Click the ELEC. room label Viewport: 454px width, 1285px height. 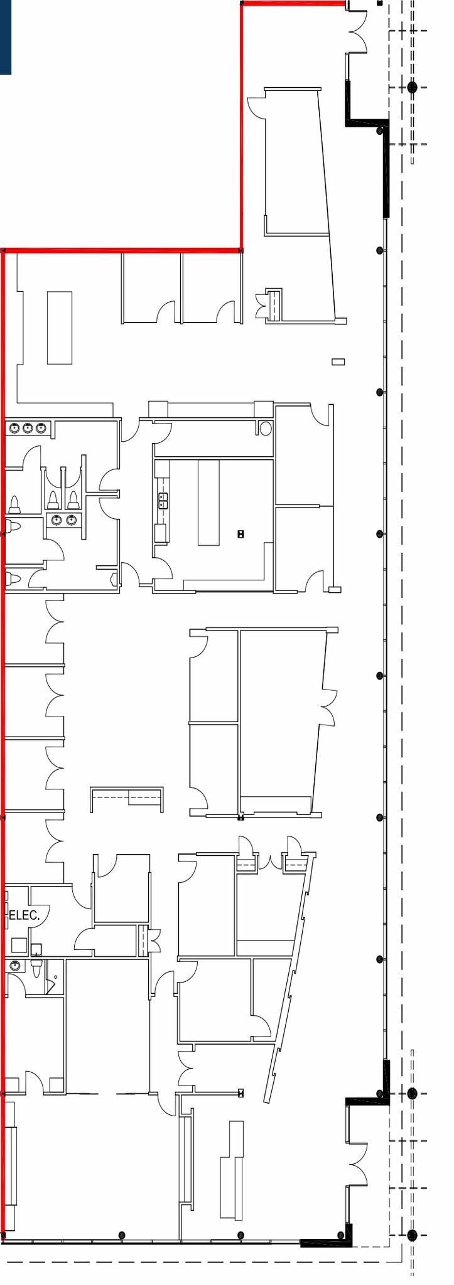(x=24, y=915)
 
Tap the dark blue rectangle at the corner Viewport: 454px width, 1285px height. (x=6, y=37)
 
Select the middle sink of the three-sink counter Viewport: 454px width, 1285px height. (x=28, y=429)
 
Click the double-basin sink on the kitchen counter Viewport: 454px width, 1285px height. (x=163, y=500)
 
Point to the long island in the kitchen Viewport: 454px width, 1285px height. (x=208, y=503)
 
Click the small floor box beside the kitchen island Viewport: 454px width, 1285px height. (x=241, y=534)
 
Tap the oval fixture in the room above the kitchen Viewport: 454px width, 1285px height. (x=266, y=429)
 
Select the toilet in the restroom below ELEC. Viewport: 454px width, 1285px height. (x=36, y=969)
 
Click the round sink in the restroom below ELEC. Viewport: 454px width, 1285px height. (x=15, y=966)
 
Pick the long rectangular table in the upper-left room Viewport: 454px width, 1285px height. (x=60, y=327)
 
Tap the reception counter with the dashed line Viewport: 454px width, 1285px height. (x=127, y=798)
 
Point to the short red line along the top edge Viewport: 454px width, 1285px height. (x=293, y=4)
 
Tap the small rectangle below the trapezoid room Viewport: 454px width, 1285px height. (x=338, y=361)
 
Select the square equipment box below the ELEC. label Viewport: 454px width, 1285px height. (x=19, y=946)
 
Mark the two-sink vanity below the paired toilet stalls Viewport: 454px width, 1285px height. (x=63, y=520)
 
